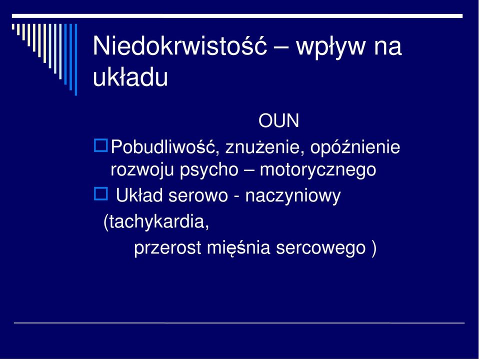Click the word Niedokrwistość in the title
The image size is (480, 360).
tap(180, 46)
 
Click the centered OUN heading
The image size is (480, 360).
tap(278, 120)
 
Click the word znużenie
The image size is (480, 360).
tap(265, 147)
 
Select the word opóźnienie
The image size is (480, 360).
tap(355, 147)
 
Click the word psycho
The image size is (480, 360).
tap(209, 170)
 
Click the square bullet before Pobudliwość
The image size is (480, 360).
tap(100, 145)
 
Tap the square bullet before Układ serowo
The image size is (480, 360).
tap(100, 194)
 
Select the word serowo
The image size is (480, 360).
tap(198, 196)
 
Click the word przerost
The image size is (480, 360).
tap(167, 248)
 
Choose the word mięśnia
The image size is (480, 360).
tap(238, 247)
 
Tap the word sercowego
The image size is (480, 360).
tap(321, 248)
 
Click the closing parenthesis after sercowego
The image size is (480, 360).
tap(373, 248)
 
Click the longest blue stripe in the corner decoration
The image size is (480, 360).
tap(76, 59)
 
